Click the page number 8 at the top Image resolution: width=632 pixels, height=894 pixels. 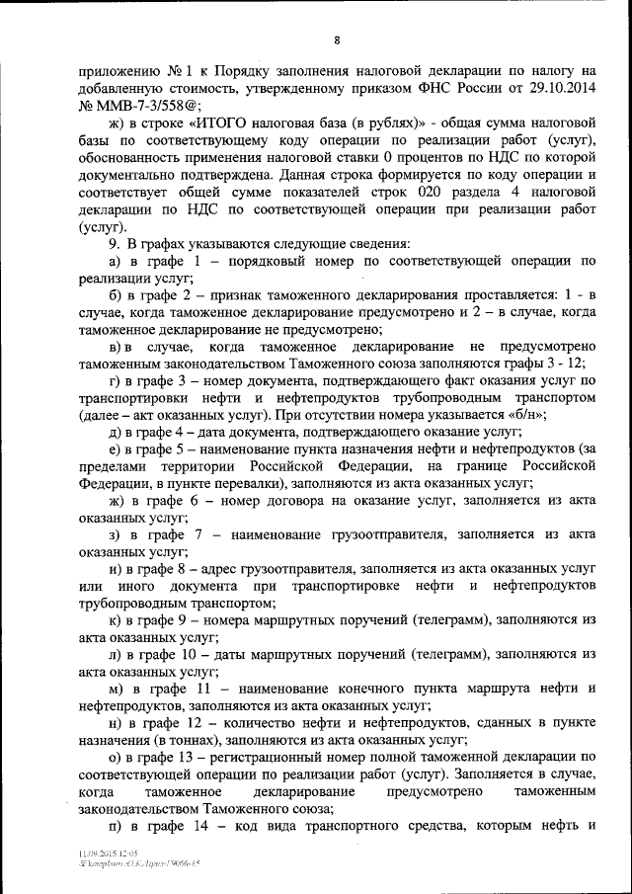337,41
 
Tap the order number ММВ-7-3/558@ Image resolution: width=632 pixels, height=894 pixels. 141,104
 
